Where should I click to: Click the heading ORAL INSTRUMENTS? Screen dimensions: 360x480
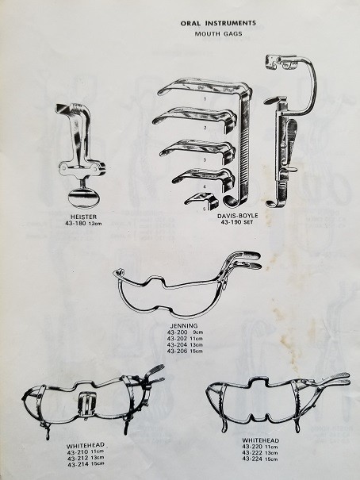coord(218,23)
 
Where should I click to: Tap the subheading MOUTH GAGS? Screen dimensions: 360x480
coord(218,33)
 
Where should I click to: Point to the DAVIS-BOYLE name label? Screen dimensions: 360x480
coord(233,216)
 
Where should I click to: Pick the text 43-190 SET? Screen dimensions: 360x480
coord(237,222)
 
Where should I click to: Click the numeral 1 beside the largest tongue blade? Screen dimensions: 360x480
coord(205,99)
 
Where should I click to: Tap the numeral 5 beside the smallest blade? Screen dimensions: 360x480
coord(205,209)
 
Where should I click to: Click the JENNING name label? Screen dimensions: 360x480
coord(184,326)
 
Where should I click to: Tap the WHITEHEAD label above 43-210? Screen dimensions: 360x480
coord(86,445)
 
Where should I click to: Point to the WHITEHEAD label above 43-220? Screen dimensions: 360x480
coord(261,440)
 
